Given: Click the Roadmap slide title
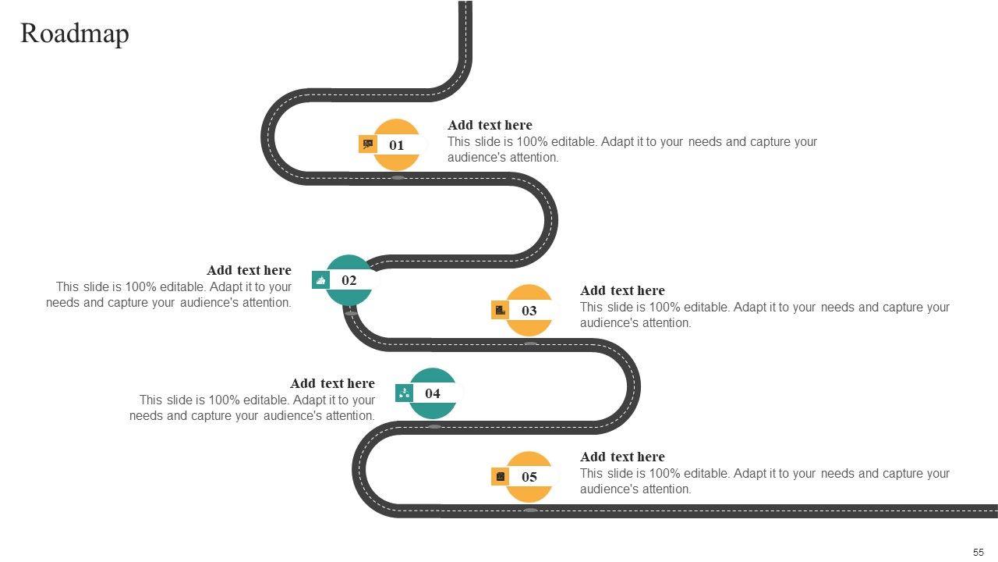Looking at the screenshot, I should pyautogui.click(x=75, y=34).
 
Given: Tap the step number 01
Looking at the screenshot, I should pyautogui.click(x=397, y=145).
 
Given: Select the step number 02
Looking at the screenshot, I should pyautogui.click(x=349, y=280).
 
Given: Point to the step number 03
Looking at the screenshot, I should pyautogui.click(x=529, y=311).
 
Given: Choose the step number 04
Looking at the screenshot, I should pyautogui.click(x=433, y=393).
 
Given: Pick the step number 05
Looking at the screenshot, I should pyautogui.click(x=529, y=477).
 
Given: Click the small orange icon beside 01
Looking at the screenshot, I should pyautogui.click(x=368, y=144).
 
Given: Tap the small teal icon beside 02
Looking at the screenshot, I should pyautogui.click(x=320, y=280).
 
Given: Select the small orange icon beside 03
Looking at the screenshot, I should pyautogui.click(x=501, y=310).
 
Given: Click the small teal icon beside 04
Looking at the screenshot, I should pyautogui.click(x=404, y=393).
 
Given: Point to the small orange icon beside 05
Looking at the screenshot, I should pyautogui.click(x=501, y=476).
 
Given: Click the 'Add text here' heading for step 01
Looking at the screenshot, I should pyautogui.click(x=490, y=125).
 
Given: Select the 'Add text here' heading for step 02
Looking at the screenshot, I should pyautogui.click(x=249, y=270).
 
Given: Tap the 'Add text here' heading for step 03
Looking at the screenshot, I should pyautogui.click(x=622, y=290).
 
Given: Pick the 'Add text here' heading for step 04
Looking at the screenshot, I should pyautogui.click(x=332, y=383).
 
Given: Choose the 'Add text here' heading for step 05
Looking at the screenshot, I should pyautogui.click(x=622, y=457).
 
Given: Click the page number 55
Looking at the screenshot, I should pyautogui.click(x=979, y=552).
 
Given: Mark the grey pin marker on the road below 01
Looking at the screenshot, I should pyautogui.click(x=398, y=178).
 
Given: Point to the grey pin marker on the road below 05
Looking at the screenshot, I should pyautogui.click(x=530, y=510).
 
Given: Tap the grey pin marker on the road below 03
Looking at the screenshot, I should pyautogui.click(x=530, y=343).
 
